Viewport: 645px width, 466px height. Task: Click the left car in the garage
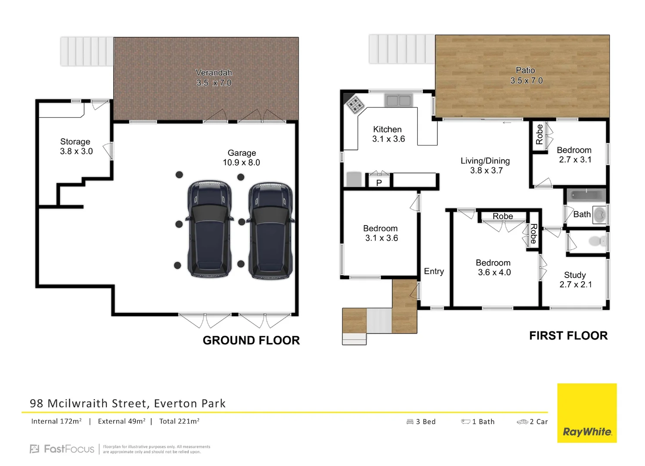[210, 229]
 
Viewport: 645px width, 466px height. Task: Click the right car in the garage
[271, 231]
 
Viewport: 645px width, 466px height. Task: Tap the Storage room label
[76, 146]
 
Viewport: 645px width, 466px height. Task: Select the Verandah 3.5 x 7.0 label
[214, 78]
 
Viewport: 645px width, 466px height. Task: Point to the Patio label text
[525, 70]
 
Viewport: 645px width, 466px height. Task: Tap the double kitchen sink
[398, 101]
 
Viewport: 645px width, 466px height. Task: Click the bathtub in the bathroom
[586, 195]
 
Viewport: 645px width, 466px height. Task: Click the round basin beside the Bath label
[600, 214]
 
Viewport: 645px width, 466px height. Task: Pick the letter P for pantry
[379, 183]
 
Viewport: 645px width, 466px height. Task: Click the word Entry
[434, 271]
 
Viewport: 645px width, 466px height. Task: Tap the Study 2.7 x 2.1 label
[575, 280]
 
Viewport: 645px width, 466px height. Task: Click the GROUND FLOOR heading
[251, 340]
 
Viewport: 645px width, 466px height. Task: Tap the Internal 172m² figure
[56, 422]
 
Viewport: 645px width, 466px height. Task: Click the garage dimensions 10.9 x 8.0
[241, 163]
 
